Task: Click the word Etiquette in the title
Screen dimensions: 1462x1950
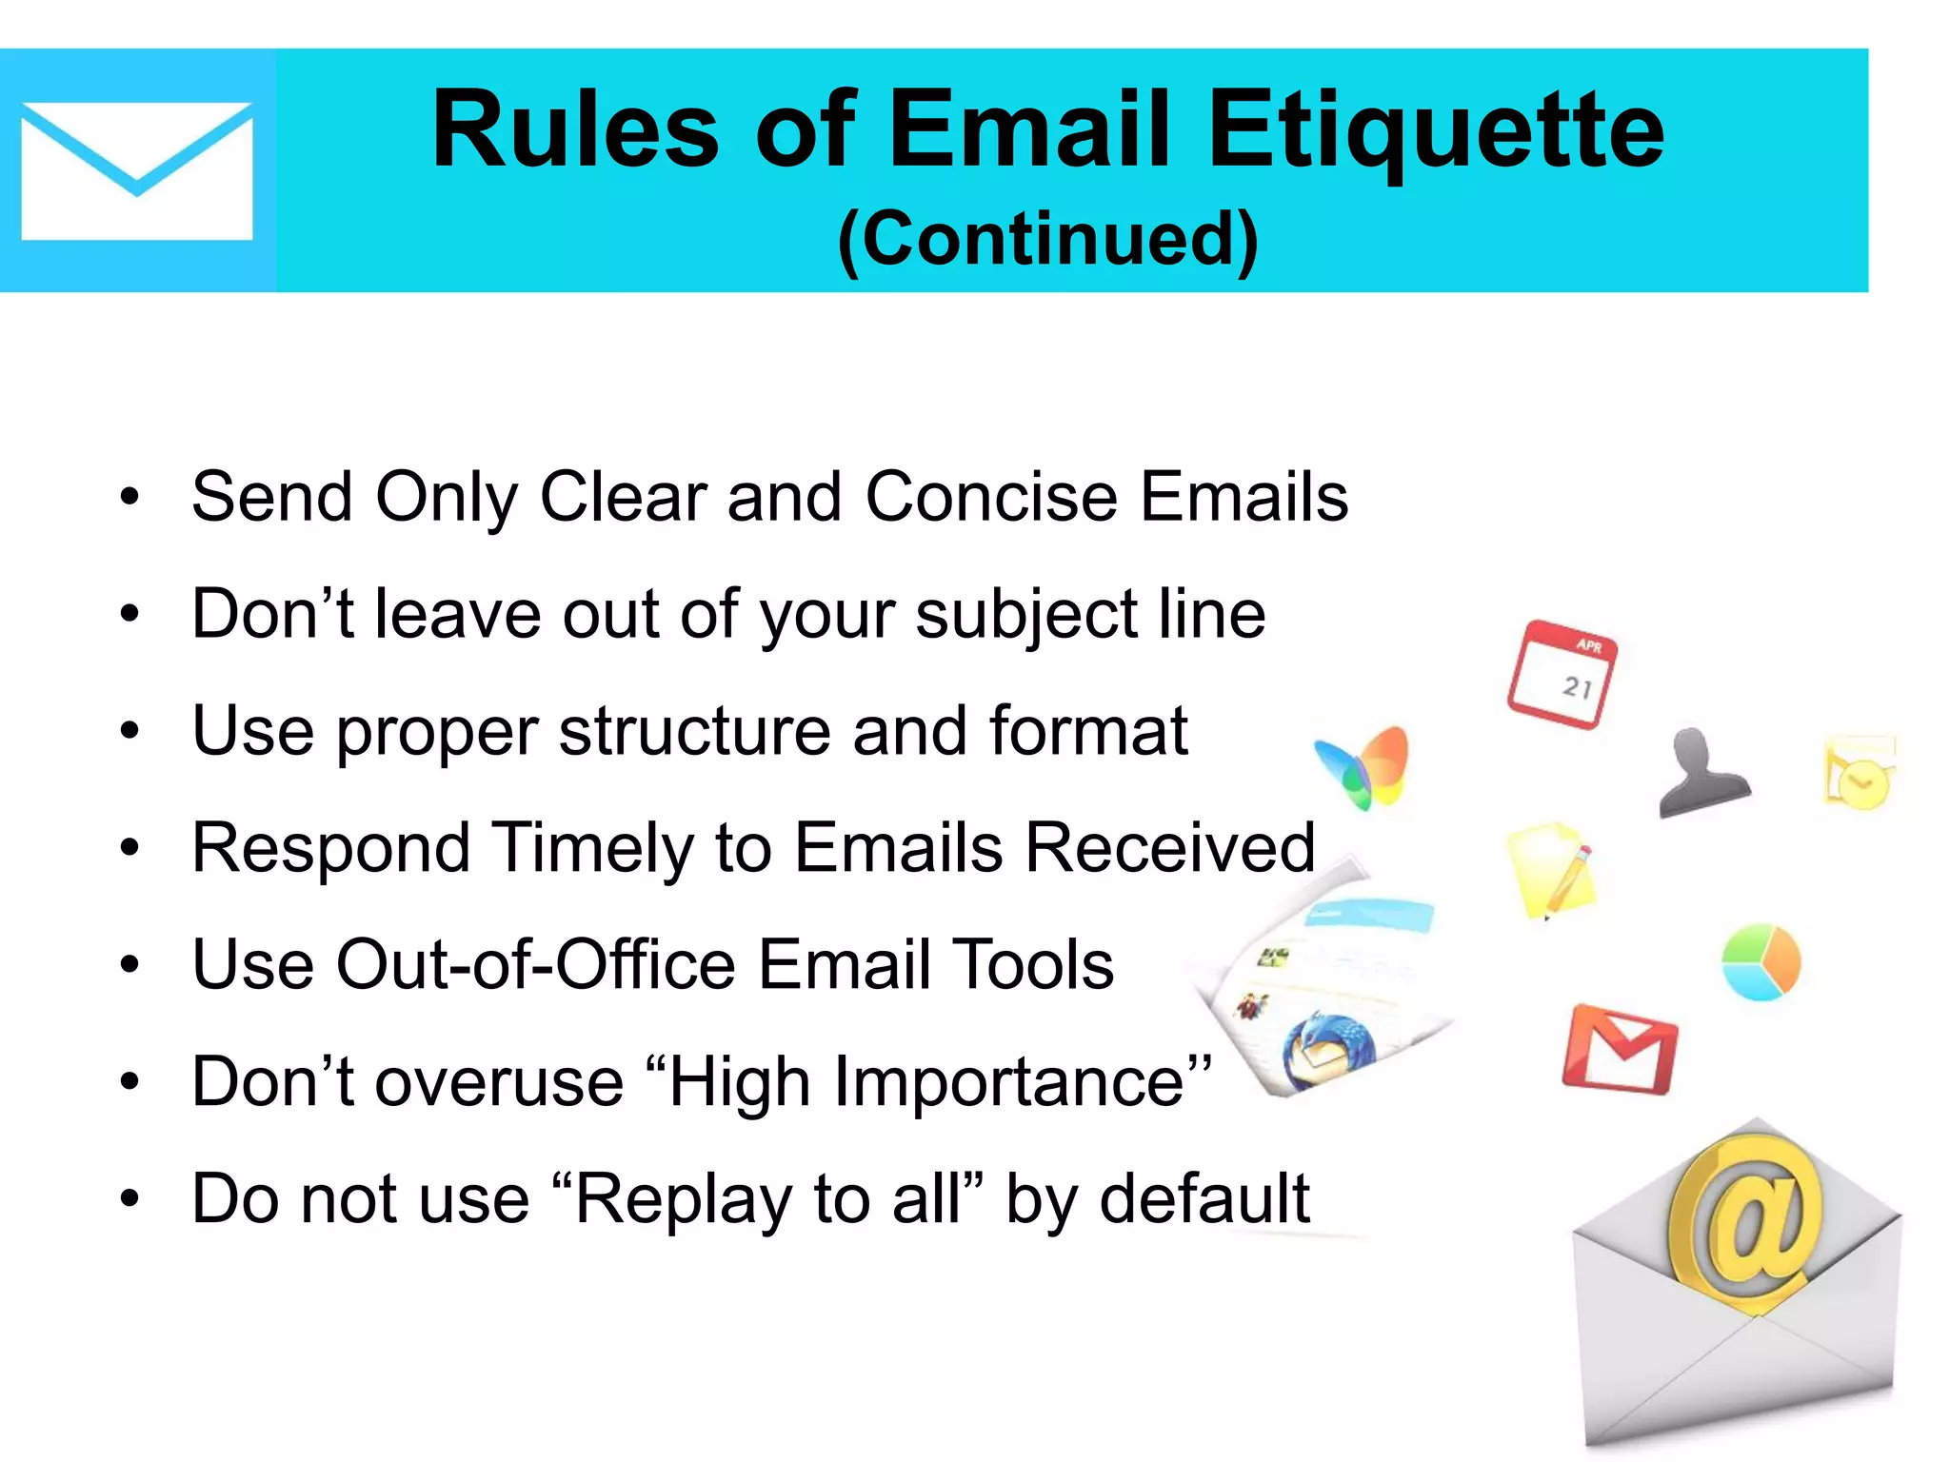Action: point(1436,130)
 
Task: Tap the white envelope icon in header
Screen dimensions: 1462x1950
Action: point(136,171)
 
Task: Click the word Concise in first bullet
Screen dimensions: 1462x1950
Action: point(991,497)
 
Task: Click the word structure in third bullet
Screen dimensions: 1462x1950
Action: point(694,731)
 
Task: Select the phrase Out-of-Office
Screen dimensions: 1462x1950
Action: point(537,965)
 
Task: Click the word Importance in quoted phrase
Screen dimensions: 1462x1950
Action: point(1009,1082)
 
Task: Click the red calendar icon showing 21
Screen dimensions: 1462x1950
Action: point(1562,674)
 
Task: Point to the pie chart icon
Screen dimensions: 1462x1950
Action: point(1761,961)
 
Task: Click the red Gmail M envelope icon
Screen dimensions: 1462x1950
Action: point(1620,1050)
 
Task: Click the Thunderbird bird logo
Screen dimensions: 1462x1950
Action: point(1328,1052)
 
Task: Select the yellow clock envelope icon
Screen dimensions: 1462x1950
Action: point(1859,773)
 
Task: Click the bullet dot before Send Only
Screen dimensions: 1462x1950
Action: point(129,498)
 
